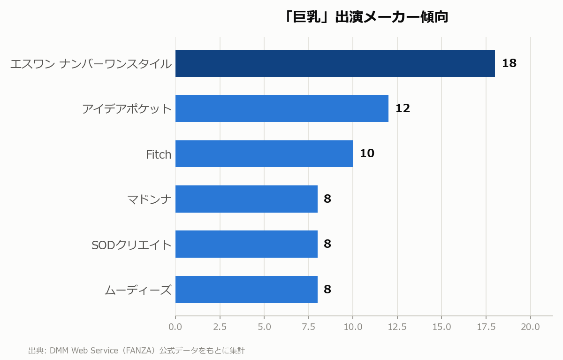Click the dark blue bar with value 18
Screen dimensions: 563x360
(x=335, y=63)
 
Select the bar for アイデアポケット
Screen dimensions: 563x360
(x=282, y=108)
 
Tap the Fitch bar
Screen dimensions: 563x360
(x=264, y=153)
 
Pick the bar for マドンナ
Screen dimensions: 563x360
(x=246, y=199)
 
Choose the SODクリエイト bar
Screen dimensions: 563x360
(x=246, y=244)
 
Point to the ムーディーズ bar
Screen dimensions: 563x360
(x=246, y=290)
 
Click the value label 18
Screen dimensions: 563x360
(x=509, y=63)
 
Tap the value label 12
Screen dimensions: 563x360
(x=403, y=108)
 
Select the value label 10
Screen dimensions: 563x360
(x=367, y=153)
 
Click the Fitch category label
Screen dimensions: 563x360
(x=159, y=154)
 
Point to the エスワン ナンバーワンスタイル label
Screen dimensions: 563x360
(x=91, y=64)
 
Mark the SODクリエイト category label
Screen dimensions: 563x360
(x=131, y=245)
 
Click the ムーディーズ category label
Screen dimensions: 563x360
(x=138, y=290)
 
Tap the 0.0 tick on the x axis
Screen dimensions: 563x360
(x=175, y=327)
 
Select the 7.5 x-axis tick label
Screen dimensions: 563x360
(x=308, y=327)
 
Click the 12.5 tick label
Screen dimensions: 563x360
(x=397, y=327)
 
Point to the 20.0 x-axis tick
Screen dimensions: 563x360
(x=530, y=327)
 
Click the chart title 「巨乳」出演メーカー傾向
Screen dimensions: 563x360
(x=366, y=17)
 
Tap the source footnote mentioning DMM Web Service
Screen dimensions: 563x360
(x=137, y=351)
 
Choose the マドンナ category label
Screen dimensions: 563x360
(x=150, y=199)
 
